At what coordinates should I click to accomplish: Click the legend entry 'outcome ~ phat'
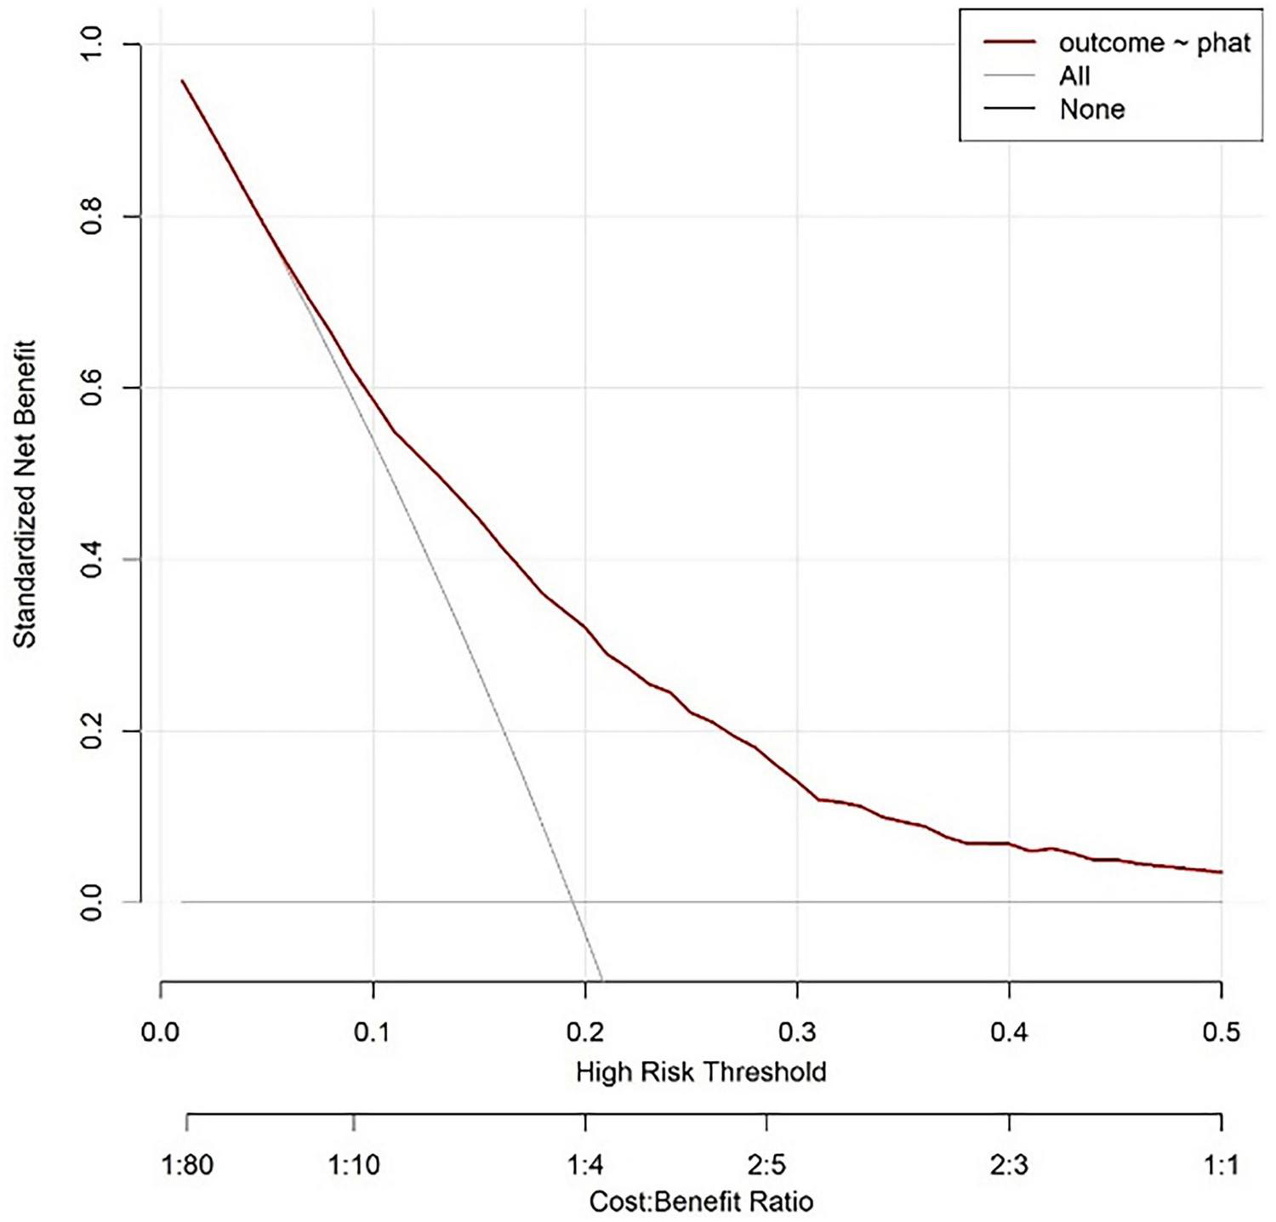(x=1154, y=43)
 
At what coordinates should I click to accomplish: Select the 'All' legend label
(x=1074, y=76)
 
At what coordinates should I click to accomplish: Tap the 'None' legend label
(x=1091, y=109)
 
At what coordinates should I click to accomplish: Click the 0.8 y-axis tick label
(x=92, y=217)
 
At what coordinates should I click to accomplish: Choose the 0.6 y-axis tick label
(x=92, y=388)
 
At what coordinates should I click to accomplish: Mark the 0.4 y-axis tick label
(x=92, y=560)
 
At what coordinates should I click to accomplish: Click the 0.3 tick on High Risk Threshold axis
(x=797, y=1032)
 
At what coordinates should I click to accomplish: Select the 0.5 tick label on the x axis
(x=1222, y=1032)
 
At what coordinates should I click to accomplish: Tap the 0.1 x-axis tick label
(x=373, y=1032)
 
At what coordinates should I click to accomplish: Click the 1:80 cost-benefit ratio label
(x=187, y=1164)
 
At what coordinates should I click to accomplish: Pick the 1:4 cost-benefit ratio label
(x=585, y=1164)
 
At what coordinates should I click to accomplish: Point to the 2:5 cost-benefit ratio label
(x=766, y=1164)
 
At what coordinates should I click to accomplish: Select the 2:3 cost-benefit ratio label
(x=1009, y=1164)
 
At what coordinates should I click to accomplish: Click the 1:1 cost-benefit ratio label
(x=1222, y=1164)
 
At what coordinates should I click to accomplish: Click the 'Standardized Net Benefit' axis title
(x=26, y=494)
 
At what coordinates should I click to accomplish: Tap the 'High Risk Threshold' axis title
(x=701, y=1071)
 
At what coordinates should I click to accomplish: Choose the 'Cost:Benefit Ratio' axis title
(x=701, y=1202)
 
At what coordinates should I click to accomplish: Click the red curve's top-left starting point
(x=182, y=81)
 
